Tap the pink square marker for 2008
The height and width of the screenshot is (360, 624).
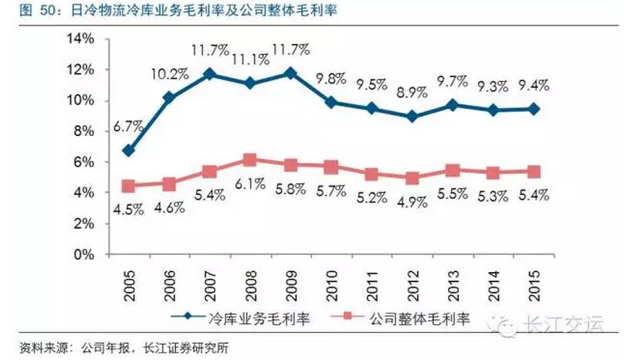coord(249,160)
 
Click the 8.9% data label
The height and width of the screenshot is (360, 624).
coord(411,93)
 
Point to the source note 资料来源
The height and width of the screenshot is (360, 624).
coord(124,348)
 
